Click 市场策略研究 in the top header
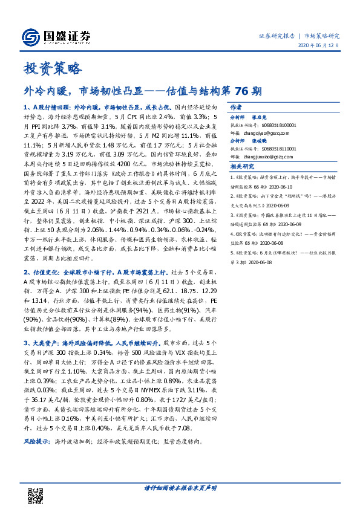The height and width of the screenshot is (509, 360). [322, 35]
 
